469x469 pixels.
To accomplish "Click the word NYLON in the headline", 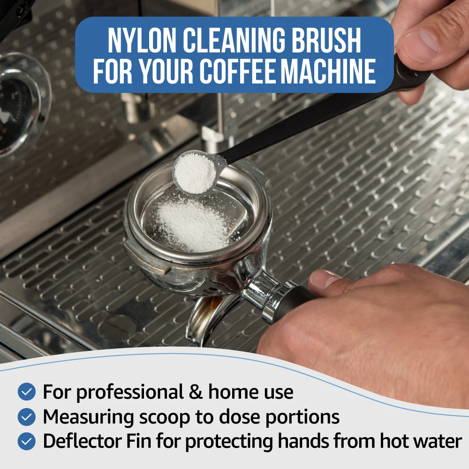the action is point(142,41).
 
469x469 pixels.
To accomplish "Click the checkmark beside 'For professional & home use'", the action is point(27,392).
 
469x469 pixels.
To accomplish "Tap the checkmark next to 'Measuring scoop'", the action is point(27,416).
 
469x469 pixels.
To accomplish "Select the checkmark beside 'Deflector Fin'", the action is point(27,441).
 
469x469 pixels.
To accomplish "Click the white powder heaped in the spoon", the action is point(195,173).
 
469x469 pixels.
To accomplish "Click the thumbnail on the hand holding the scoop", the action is point(420,45).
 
